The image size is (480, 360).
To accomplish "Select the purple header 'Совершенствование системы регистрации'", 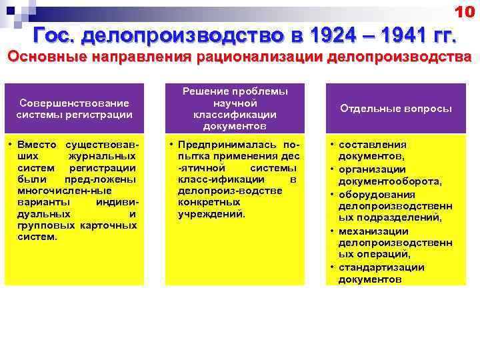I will click(x=74, y=108).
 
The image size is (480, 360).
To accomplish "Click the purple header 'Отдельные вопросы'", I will click(x=395, y=108).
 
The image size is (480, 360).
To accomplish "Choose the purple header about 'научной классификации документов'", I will click(x=235, y=108).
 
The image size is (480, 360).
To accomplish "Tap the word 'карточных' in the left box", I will click(x=108, y=225).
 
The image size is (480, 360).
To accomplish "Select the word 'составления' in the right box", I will click(x=372, y=145).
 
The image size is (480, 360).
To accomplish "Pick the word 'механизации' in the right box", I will click(x=373, y=231).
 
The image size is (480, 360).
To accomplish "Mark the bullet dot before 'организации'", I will click(x=331, y=169).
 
